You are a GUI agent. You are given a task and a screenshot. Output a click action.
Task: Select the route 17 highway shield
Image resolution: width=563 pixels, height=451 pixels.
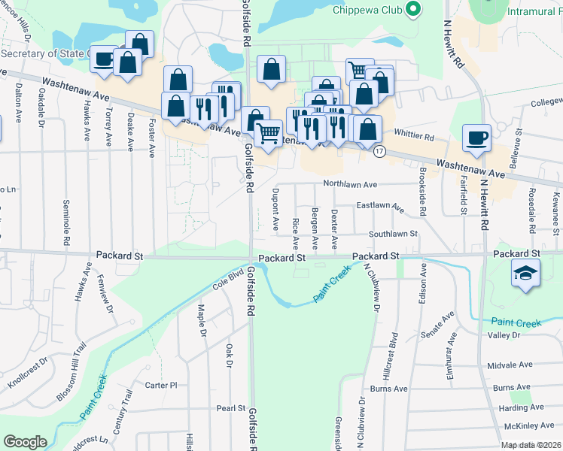[379, 152]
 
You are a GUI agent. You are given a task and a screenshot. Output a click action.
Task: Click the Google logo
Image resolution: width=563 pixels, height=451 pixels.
[25, 441]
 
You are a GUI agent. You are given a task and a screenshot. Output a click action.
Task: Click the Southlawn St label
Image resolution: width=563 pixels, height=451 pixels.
[393, 235]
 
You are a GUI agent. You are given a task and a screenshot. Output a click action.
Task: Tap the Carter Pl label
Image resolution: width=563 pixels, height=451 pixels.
[160, 385]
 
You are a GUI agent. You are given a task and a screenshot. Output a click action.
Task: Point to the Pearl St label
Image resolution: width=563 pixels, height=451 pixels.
[231, 409]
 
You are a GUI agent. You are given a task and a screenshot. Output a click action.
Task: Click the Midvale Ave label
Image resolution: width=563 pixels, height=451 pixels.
[510, 365]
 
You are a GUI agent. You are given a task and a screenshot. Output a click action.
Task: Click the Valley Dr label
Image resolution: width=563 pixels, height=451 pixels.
[504, 335]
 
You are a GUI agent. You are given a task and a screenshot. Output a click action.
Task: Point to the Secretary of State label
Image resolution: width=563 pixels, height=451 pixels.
[45, 53]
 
